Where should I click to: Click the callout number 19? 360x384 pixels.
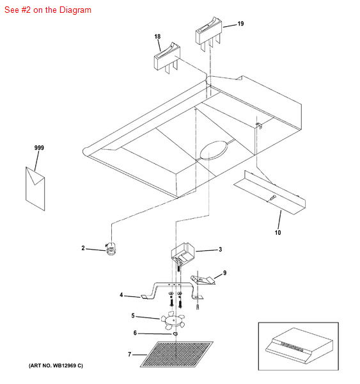240,24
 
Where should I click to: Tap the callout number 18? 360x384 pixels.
157,36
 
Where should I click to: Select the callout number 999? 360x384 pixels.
39,148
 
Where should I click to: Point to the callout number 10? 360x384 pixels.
278,232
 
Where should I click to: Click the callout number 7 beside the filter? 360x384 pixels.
129,354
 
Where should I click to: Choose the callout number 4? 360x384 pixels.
121,295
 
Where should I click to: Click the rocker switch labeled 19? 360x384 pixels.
208,34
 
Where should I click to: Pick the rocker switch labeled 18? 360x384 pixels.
167,58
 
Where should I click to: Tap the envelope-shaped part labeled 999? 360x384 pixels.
35,189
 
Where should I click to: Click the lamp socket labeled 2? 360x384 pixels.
111,249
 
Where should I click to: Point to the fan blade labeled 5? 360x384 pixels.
173,321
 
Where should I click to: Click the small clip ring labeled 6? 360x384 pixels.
175,333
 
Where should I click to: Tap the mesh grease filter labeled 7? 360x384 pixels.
176,354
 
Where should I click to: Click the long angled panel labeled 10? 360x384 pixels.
269,193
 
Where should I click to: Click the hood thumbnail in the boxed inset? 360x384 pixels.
299,346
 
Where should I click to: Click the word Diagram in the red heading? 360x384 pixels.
75,10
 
